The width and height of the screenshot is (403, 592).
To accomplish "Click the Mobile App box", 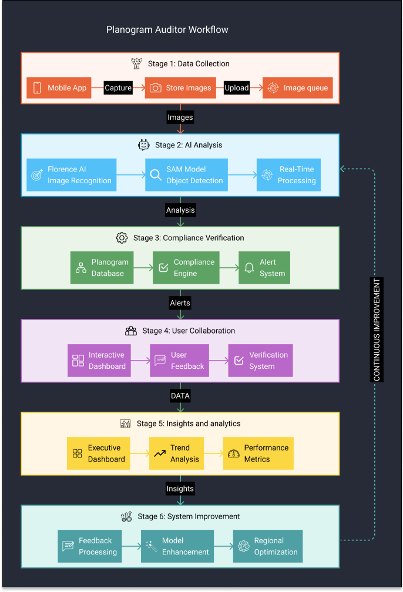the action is pyautogui.click(x=59, y=88).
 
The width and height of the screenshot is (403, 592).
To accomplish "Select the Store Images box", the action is pyautogui.click(x=180, y=88).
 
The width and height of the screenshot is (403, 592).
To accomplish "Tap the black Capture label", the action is pyautogui.click(x=118, y=88).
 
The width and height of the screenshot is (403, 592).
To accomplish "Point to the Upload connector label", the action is pyautogui.click(x=237, y=88).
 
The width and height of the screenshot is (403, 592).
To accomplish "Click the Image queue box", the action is pyautogui.click(x=298, y=88).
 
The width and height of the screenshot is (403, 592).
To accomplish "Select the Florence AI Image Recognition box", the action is pyautogui.click(x=72, y=175).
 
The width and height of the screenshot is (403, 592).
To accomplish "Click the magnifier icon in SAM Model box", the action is pyautogui.click(x=155, y=175).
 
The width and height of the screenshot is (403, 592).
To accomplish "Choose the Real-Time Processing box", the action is pyautogui.click(x=288, y=175).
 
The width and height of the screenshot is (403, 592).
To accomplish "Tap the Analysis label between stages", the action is pyautogui.click(x=180, y=210).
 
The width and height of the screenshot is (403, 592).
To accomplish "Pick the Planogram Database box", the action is pyautogui.click(x=102, y=268).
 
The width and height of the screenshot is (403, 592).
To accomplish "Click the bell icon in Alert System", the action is pyautogui.click(x=249, y=268).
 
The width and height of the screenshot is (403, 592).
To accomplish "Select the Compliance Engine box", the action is pyautogui.click(x=186, y=268).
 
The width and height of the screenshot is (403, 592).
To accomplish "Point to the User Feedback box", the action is pyautogui.click(x=179, y=361).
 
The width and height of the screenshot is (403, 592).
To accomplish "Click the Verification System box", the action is pyautogui.click(x=261, y=361).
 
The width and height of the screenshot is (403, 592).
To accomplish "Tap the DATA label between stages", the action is pyautogui.click(x=180, y=396).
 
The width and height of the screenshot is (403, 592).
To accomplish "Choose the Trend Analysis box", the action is pyautogui.click(x=176, y=453).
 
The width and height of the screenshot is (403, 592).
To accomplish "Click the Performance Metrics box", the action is pyautogui.click(x=258, y=453).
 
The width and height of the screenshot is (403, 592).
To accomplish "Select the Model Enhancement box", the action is pyautogui.click(x=177, y=546).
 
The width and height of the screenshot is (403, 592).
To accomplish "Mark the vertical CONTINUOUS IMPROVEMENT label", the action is pyautogui.click(x=377, y=329).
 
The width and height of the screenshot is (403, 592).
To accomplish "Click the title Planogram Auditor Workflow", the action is pyautogui.click(x=167, y=30).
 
